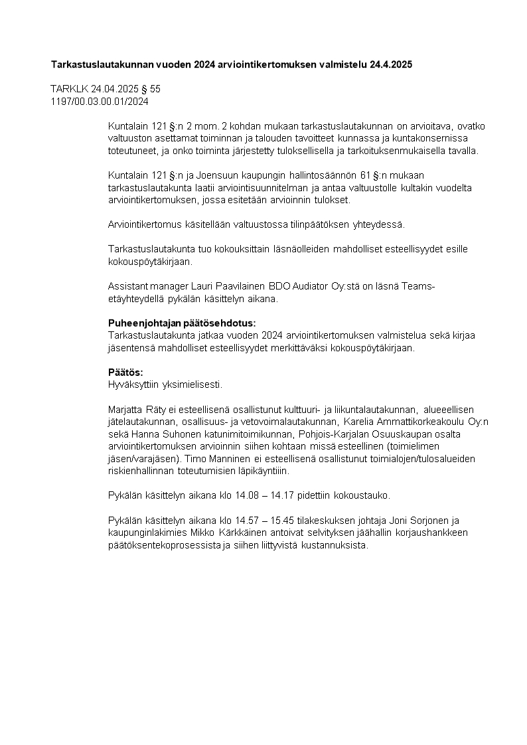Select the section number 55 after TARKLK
click(x=155, y=88)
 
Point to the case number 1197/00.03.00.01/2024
click(x=100, y=102)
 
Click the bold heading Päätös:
click(x=125, y=372)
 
